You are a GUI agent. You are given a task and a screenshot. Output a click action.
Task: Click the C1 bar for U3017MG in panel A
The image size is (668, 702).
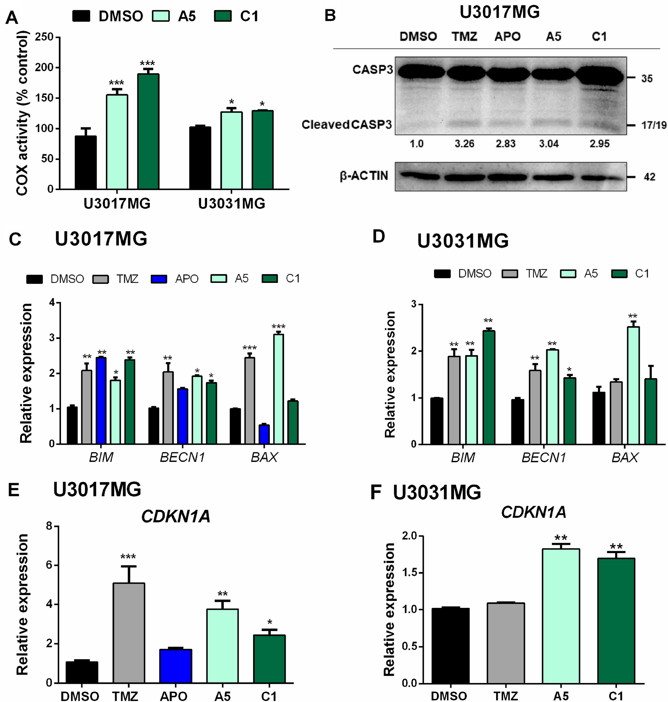[x=148, y=131]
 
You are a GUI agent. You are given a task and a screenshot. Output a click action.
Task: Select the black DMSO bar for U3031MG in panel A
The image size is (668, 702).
[x=200, y=158]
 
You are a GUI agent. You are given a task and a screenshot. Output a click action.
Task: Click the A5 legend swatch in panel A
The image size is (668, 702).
[x=161, y=16]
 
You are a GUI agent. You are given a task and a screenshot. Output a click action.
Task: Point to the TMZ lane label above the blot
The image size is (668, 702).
[x=464, y=37]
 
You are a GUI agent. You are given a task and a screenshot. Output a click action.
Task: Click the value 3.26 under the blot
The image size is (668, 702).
[x=464, y=144]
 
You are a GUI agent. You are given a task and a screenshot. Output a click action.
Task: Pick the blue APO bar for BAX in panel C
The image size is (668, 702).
[x=264, y=434]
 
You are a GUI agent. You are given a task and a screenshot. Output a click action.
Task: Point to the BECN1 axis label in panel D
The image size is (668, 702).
[x=544, y=458]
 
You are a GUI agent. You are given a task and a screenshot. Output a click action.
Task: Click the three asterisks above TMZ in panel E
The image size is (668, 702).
[x=128, y=556]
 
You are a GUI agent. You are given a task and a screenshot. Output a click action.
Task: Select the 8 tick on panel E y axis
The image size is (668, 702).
[x=49, y=526]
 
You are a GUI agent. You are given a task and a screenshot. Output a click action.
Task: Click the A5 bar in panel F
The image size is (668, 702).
[x=561, y=615]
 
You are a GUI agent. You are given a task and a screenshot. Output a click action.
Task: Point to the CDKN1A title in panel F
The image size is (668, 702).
[x=533, y=512]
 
